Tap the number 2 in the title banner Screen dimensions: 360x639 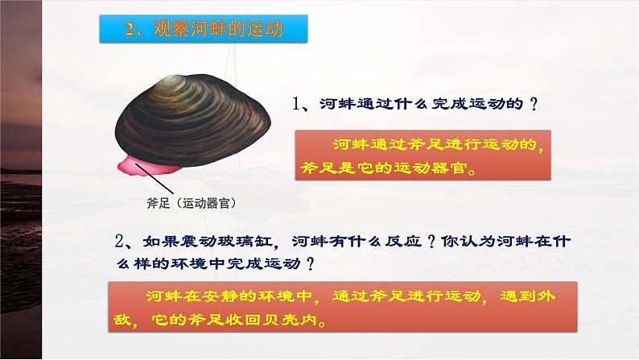133,31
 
